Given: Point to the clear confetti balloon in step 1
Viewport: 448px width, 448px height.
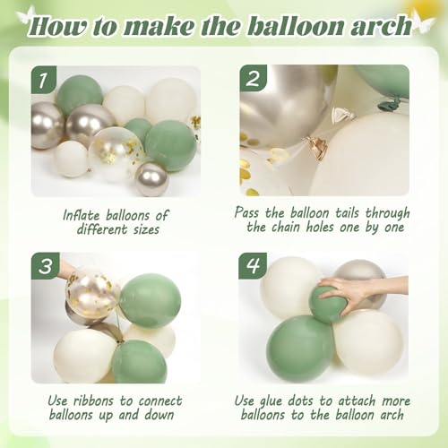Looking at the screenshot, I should pyautogui.click(x=116, y=150).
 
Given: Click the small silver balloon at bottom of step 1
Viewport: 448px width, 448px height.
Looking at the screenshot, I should pyautogui.click(x=151, y=178).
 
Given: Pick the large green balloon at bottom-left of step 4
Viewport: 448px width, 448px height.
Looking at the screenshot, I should pyautogui.click(x=299, y=349).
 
